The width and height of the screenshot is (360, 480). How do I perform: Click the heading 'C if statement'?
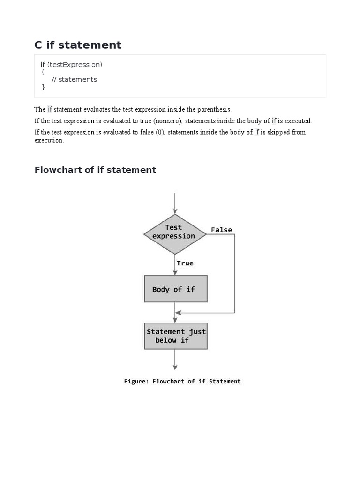tap(78, 45)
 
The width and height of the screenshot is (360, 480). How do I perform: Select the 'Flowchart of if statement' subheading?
tap(95, 170)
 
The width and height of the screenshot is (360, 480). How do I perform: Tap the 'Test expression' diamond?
tap(174, 233)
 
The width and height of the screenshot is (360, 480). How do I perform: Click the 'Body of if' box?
tap(175, 289)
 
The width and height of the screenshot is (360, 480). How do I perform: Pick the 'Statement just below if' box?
tap(175, 336)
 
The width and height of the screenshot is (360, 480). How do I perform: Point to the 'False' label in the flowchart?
tap(221, 230)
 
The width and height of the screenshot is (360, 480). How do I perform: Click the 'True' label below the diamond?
tap(185, 263)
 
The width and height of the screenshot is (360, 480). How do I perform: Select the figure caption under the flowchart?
tap(182, 382)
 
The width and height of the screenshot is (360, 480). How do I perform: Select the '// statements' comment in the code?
tap(74, 79)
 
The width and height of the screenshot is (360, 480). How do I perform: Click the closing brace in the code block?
tap(43, 87)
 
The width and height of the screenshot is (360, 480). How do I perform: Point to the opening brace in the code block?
tap(43, 72)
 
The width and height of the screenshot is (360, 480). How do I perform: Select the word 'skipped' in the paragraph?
tap(275, 132)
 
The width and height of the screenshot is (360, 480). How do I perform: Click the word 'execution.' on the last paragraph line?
tap(49, 140)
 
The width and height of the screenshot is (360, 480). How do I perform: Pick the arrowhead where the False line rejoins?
tap(178, 313)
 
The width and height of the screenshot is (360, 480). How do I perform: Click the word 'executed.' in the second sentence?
tap(298, 121)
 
